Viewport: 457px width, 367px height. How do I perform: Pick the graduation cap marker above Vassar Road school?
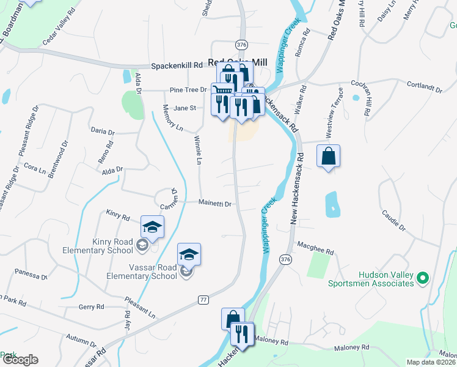tap(189, 254)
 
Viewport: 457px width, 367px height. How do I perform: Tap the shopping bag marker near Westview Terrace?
tap(329, 156)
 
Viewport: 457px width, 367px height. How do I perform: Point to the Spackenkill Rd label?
tap(177, 65)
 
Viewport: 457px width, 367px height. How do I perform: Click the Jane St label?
tap(184, 108)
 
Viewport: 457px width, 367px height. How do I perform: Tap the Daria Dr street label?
tap(102, 132)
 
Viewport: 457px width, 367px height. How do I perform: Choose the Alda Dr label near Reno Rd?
tap(112, 169)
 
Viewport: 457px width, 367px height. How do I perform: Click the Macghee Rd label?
tap(315, 251)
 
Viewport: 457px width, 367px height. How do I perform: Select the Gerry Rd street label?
tap(92, 306)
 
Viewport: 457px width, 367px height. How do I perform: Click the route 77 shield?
tap(203, 299)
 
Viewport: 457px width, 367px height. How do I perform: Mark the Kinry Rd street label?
tap(118, 217)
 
